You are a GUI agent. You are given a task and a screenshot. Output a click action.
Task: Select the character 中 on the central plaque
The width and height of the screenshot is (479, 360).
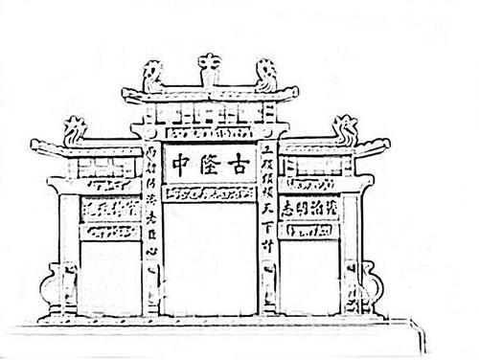(180, 164)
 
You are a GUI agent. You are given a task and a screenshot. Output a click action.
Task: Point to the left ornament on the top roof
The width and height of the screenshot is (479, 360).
(152, 73)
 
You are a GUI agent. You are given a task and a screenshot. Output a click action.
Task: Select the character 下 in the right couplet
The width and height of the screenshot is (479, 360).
(269, 219)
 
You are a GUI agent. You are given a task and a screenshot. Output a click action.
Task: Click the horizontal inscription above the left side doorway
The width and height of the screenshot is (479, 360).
(110, 208)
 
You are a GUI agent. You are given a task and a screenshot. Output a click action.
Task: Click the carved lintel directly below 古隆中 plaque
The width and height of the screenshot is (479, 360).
(209, 193)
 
